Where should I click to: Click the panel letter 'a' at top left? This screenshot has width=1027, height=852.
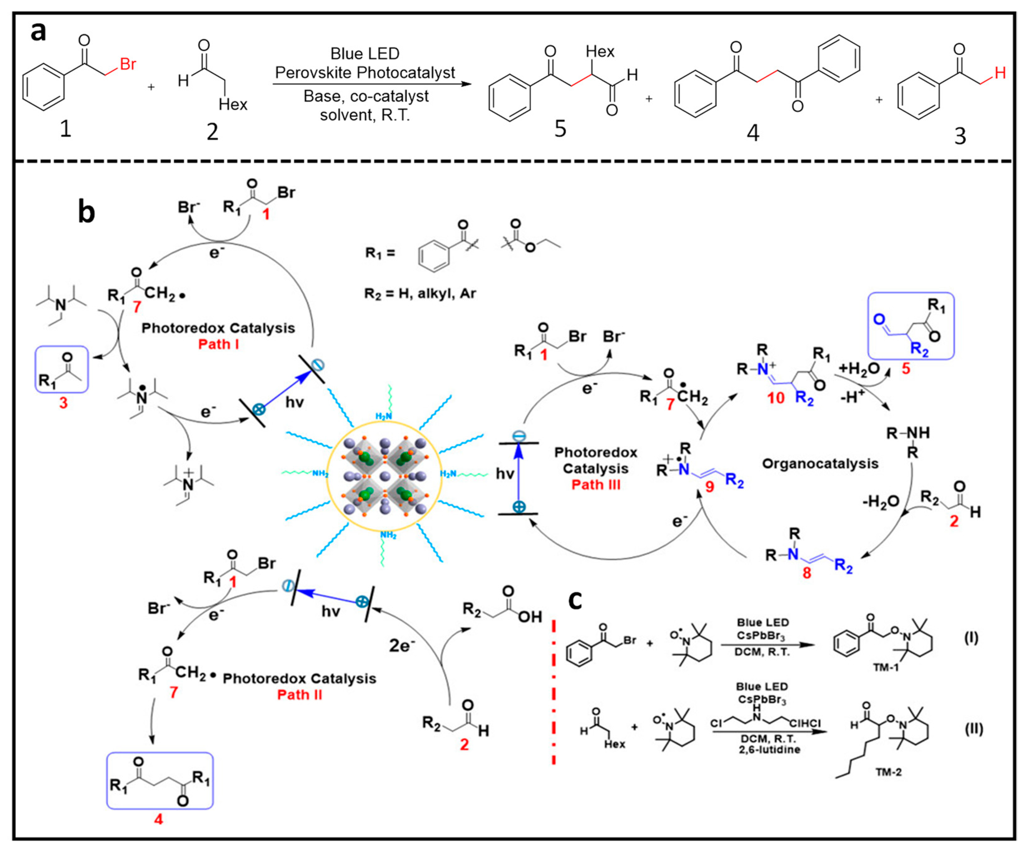click(x=38, y=32)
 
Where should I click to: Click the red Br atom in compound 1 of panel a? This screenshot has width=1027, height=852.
click(x=128, y=64)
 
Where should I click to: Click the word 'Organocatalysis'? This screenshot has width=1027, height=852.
click(x=820, y=464)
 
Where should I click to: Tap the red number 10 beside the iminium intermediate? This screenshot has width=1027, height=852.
click(x=776, y=398)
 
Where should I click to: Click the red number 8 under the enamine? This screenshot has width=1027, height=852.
click(x=807, y=573)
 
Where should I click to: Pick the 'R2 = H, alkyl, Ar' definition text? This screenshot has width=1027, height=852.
click(x=420, y=293)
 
